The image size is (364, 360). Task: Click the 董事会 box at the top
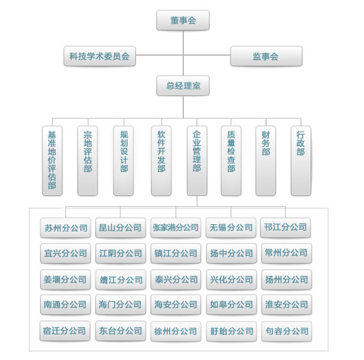point(183,20)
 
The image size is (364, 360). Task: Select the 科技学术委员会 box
point(99,56)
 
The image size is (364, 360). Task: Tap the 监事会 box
point(266,56)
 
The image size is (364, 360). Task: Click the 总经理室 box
point(183,85)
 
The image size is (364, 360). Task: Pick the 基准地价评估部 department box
point(53,161)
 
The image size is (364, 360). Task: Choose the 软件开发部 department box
point(161,161)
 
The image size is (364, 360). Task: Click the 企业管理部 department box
point(197,161)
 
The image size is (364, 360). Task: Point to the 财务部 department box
point(266,161)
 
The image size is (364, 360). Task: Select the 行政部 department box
point(301,161)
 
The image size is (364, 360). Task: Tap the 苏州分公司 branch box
point(65,227)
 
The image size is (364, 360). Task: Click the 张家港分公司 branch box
point(176,227)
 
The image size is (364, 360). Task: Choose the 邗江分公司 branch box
point(285,227)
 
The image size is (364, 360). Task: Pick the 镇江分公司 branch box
point(176,253)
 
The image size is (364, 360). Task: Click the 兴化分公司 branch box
point(231,279)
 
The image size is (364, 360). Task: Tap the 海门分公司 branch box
point(120,304)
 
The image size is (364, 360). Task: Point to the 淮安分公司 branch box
point(286,304)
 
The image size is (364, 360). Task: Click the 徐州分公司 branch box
point(176,331)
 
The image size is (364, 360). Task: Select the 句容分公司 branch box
point(286,331)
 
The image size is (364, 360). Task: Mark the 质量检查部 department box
point(231,161)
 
